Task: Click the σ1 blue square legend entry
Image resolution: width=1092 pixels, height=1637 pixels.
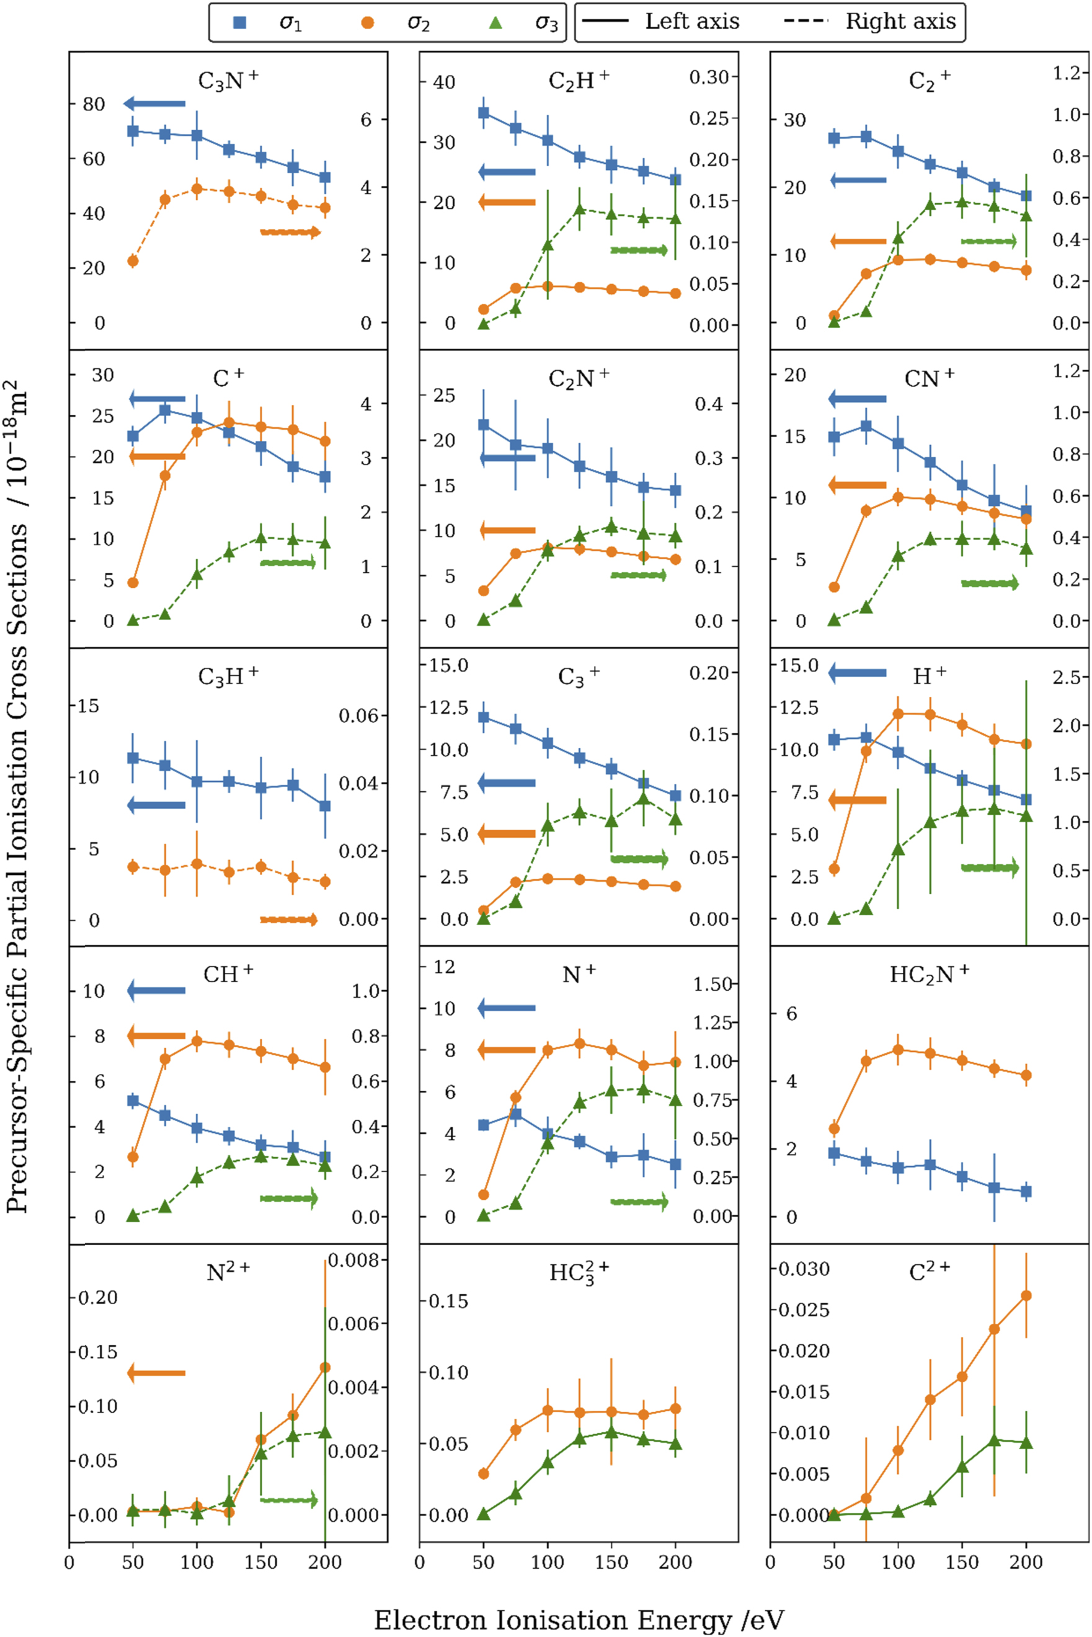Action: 239,23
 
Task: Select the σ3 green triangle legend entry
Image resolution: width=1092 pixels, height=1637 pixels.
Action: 495,23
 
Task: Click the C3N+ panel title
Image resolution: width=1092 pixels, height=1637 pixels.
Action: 228,81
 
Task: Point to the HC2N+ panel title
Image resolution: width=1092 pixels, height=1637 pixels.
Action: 928,974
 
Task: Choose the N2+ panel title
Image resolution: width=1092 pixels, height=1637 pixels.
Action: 228,1272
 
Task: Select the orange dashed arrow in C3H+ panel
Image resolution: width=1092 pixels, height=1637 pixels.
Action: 289,920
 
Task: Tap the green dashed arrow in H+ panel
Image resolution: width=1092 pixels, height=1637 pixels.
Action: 990,867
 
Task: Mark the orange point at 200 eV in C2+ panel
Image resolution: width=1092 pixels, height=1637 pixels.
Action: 1026,1296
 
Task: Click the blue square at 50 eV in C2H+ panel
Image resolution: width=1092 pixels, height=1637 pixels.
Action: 483,113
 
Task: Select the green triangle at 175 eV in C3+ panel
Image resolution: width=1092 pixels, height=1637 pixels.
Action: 644,798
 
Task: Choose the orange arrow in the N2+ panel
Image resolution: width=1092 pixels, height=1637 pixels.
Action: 157,1373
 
